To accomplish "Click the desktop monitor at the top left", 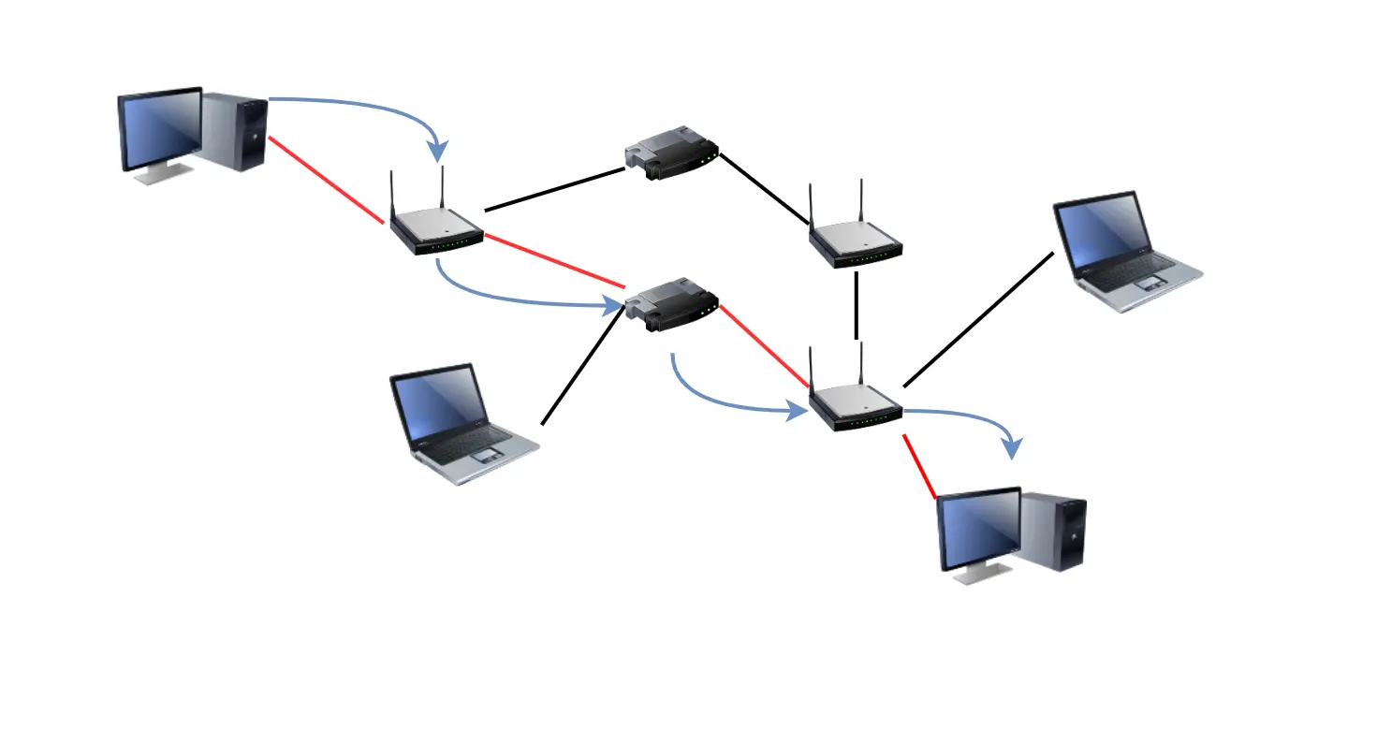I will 160,130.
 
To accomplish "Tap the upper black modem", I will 671,153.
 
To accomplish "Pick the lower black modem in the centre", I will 671,305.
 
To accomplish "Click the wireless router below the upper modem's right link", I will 856,242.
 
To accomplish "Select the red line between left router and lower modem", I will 554,261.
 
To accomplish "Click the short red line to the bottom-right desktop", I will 919,466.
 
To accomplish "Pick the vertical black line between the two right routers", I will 856,305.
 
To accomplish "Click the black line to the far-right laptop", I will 978,319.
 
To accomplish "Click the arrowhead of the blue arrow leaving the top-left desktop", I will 437,151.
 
